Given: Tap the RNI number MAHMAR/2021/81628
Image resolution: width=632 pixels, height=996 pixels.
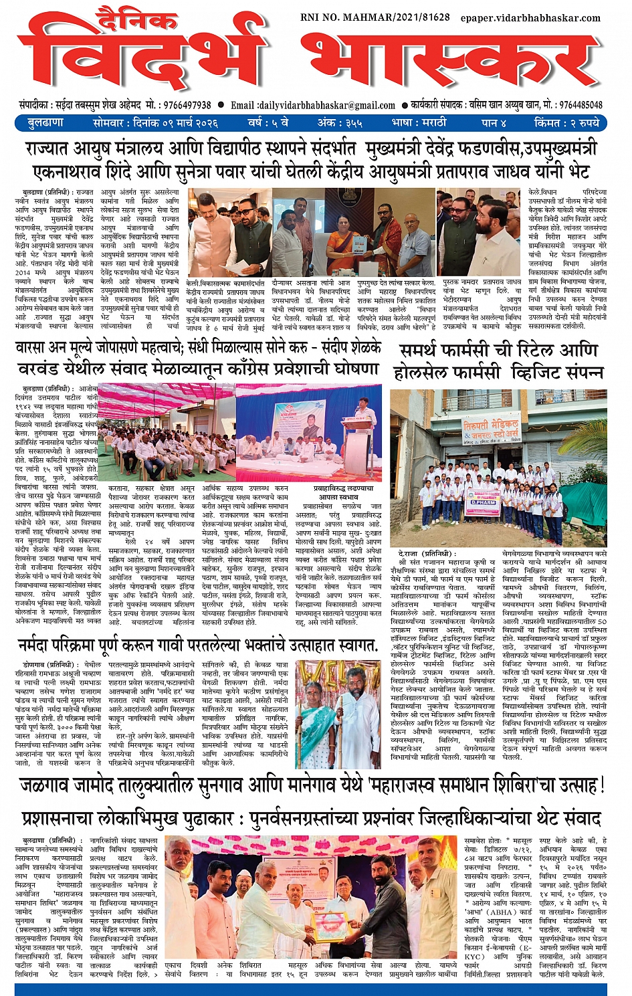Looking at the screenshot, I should tap(375, 17).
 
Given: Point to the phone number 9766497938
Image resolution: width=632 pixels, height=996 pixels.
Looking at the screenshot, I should tap(186, 105).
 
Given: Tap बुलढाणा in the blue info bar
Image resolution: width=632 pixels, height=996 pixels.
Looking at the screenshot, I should tap(45, 123).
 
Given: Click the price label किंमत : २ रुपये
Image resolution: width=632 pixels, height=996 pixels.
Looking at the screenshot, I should tap(567, 123).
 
